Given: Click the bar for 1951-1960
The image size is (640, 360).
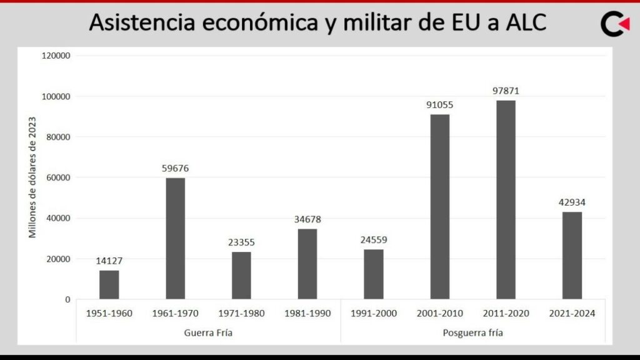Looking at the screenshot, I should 109,284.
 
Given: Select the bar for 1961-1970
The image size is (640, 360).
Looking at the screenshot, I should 175,239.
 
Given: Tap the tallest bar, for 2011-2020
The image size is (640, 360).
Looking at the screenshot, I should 506,200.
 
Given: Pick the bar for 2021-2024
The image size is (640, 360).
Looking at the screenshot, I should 572,256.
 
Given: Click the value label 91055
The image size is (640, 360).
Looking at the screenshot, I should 440,105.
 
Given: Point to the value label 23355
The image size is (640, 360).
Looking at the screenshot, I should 241,242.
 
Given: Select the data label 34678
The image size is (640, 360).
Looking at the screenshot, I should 307,219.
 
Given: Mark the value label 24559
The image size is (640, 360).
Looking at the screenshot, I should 374,240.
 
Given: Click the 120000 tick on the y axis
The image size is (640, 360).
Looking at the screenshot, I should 56,56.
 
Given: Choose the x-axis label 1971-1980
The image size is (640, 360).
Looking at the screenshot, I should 241,314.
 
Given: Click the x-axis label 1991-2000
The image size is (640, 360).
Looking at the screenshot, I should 374,314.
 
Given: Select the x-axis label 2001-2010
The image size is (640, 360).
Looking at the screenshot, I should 440,314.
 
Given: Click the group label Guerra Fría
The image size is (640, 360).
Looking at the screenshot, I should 208,333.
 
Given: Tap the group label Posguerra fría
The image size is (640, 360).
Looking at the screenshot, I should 473,333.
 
